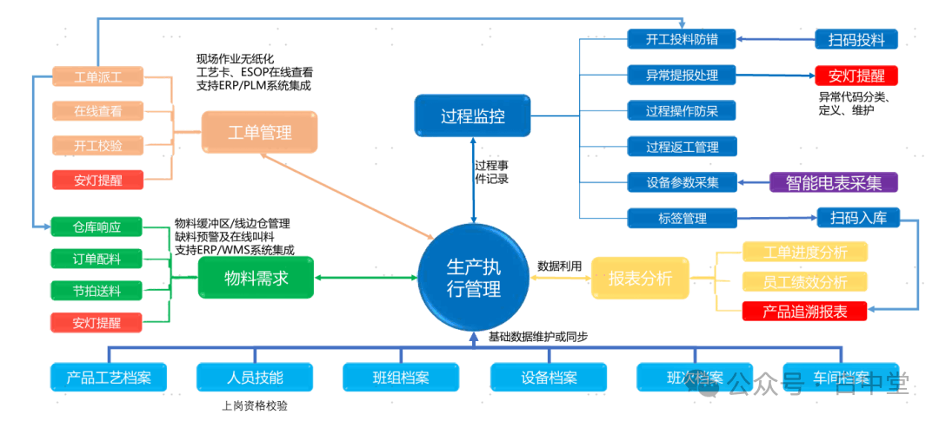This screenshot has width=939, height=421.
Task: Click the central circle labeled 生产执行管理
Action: [474, 277]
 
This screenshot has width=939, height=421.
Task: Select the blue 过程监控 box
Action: [472, 116]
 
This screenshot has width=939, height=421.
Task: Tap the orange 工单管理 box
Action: [259, 133]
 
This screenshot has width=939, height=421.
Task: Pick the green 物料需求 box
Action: [256, 279]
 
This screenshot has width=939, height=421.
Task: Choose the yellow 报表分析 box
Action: [640, 279]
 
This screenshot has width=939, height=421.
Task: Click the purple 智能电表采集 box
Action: [833, 182]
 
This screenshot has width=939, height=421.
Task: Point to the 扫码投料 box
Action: [856, 39]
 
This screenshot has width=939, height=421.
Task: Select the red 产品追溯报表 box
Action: [804, 310]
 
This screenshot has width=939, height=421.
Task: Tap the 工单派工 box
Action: [97, 76]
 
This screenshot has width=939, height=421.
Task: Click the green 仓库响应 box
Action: [97, 227]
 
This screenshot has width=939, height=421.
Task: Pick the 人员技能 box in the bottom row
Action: [255, 378]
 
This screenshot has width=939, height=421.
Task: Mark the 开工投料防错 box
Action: [682, 39]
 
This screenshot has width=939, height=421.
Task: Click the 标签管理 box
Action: [682, 218]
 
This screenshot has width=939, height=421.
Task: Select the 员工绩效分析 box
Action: [804, 281]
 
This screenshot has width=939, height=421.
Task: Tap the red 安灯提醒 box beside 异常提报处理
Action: [856, 75]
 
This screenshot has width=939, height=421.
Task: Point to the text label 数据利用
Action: [559, 266]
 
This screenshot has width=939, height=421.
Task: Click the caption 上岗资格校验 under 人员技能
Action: [255, 405]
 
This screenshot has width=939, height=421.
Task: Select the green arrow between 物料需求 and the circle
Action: [366, 278]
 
